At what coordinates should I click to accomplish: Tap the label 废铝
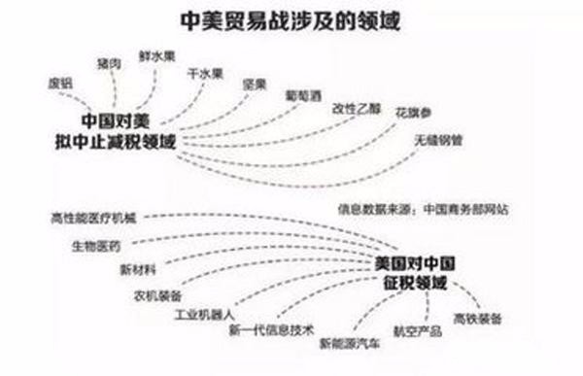(x=61, y=83)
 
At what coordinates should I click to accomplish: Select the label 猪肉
(x=109, y=64)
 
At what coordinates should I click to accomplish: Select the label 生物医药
(x=96, y=247)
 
